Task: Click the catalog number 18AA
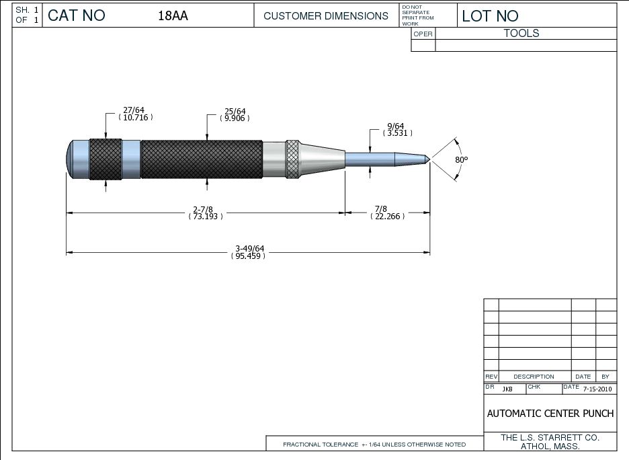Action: [173, 16]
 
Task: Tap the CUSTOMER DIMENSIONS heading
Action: [326, 16]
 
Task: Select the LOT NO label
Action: [490, 16]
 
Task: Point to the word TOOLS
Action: [521, 33]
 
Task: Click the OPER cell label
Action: [423, 34]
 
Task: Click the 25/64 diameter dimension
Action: [235, 114]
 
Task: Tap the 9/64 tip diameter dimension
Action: [396, 129]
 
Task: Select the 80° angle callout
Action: [461, 160]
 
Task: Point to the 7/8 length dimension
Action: [386, 213]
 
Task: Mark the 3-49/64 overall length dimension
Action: [248, 252]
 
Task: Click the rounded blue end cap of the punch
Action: [73, 159]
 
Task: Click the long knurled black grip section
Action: [202, 159]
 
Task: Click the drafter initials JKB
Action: [507, 389]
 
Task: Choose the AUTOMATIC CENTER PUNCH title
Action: [550, 413]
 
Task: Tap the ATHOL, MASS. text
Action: [550, 446]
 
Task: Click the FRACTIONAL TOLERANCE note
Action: [374, 445]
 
